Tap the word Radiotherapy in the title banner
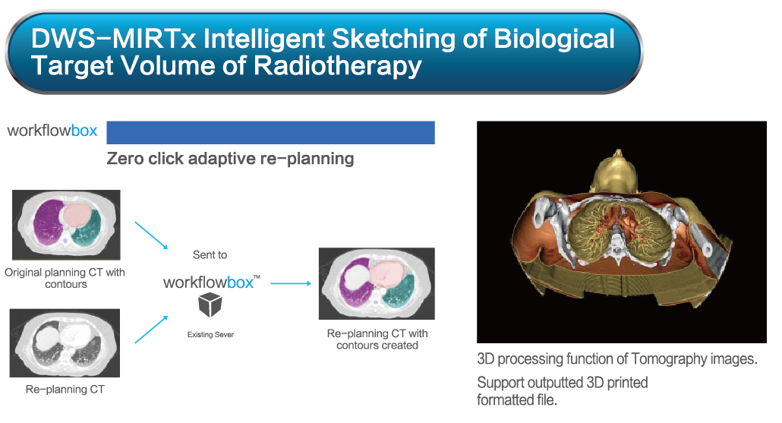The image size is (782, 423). [338, 66]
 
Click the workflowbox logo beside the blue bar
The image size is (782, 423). [52, 131]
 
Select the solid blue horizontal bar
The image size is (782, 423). [271, 133]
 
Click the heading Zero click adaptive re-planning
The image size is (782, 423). [230, 159]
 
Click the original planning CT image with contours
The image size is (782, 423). [66, 225]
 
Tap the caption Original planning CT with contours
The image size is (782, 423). [65, 279]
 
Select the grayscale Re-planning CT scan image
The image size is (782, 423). [65, 343]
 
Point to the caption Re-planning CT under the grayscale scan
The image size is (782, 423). [65, 389]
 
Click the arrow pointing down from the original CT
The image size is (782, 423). [151, 235]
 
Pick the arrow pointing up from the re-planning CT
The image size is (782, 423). [151, 330]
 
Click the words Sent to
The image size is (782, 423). [210, 255]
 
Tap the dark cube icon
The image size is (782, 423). [210, 305]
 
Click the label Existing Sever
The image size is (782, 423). [210, 335]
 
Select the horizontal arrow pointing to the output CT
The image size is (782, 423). [291, 283]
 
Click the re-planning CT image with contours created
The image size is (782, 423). [377, 283]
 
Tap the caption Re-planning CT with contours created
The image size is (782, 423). [377, 339]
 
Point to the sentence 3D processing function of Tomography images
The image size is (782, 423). [617, 359]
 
